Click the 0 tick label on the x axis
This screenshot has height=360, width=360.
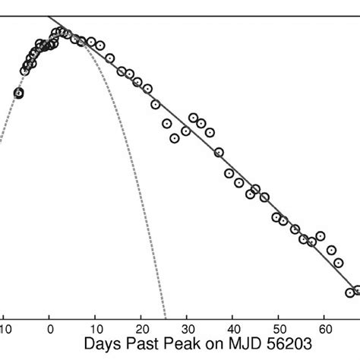[x=49, y=329]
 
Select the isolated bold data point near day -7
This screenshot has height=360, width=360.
[x=19, y=93]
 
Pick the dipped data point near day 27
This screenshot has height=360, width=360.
[x=175, y=138]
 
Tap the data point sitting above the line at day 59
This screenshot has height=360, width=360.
[x=321, y=235]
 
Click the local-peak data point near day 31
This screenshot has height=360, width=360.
[x=193, y=118]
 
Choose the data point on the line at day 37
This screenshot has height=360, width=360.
[x=219, y=152]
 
